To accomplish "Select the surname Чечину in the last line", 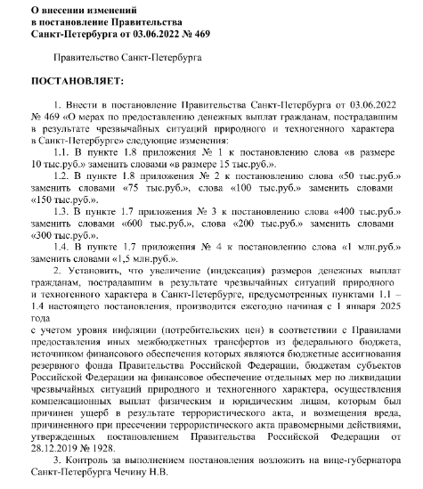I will tap(124, 474).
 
